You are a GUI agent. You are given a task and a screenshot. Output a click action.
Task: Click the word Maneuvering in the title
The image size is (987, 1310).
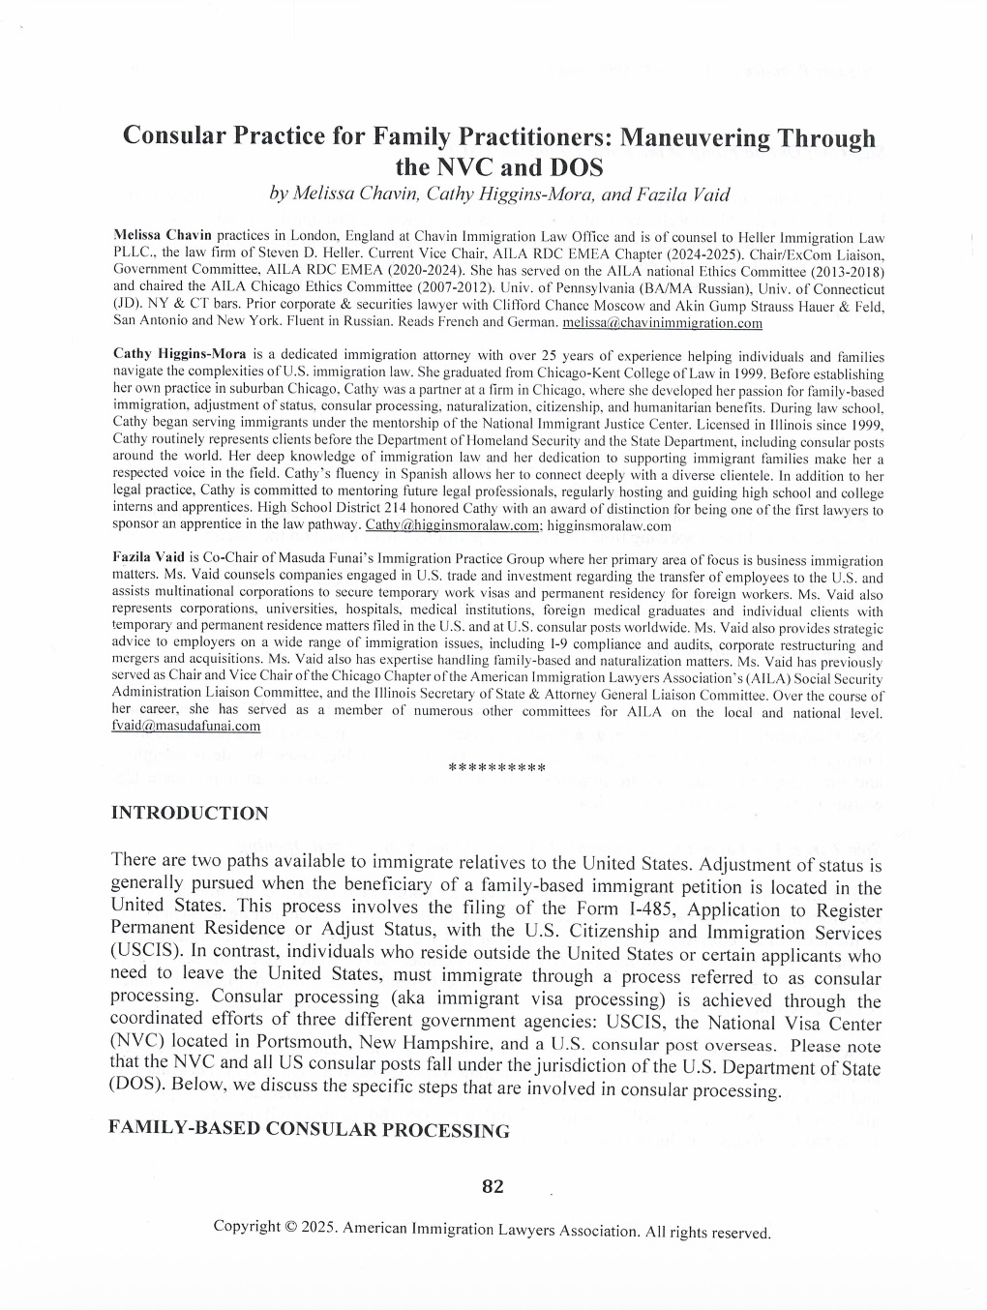pos(694,137)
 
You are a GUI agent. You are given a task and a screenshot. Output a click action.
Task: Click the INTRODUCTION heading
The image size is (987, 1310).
pos(190,813)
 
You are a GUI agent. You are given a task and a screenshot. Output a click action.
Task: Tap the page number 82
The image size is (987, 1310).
pos(493,1186)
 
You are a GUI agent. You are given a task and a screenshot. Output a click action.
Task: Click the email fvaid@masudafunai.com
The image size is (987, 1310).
pos(186,726)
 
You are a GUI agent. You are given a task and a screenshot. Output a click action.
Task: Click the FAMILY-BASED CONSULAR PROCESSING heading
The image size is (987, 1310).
pos(309,1130)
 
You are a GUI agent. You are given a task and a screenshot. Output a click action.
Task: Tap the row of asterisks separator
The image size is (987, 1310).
pos(497,769)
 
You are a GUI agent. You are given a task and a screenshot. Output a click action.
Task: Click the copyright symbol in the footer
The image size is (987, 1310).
pos(290,1226)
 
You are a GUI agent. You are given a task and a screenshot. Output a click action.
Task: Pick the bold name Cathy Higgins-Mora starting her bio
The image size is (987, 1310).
pos(180,355)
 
